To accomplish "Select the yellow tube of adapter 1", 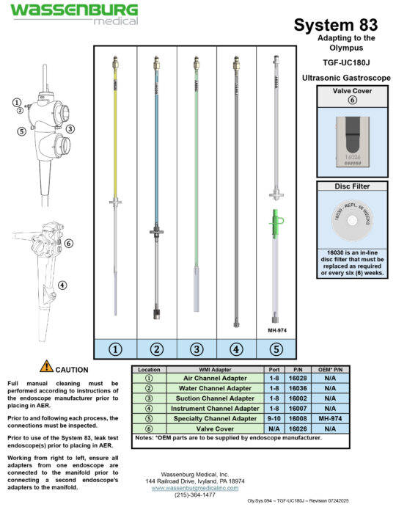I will (116, 132).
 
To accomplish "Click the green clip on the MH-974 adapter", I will (276, 218).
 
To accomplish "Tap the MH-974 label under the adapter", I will (276, 330).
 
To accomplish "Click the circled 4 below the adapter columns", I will (236, 349).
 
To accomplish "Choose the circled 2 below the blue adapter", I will (156, 349).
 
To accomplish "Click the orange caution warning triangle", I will (46, 365).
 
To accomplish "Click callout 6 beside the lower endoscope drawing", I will (67, 243).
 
